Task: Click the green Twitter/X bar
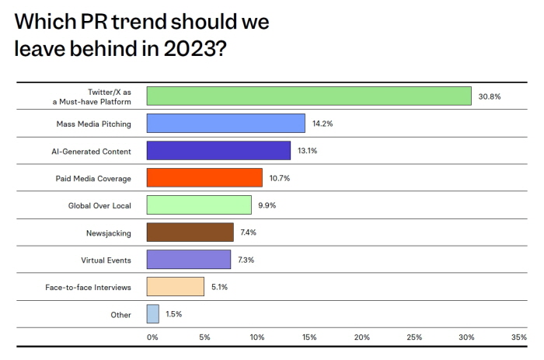[309, 96]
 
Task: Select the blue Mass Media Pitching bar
[225, 124]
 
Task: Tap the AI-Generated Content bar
[218, 151]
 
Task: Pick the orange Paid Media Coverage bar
[204, 178]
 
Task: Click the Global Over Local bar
[199, 205]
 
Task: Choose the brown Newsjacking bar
[190, 232]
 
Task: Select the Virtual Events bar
[189, 260]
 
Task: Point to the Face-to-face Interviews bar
[175, 287]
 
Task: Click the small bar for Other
[152, 314]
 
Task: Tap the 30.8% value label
[489, 96]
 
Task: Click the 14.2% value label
[323, 124]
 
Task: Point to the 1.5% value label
[173, 314]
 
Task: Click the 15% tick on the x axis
[309, 337]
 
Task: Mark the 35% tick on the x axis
[518, 337]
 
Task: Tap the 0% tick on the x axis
[152, 337]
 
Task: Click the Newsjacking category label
[109, 232]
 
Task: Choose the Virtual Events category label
[106, 260]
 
